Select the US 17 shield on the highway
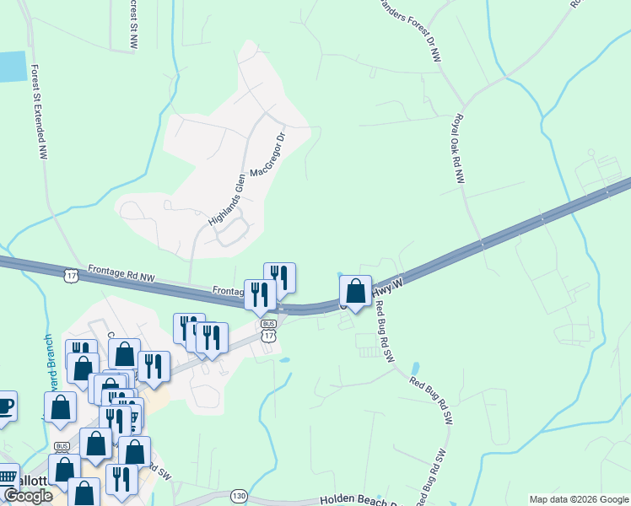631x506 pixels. pyautogui.click(x=71, y=275)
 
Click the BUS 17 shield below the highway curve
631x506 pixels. pyautogui.click(x=268, y=331)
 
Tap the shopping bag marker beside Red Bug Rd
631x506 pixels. pyautogui.click(x=356, y=292)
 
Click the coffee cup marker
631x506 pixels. pyautogui.click(x=4, y=405)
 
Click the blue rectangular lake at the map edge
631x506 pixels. pyautogui.click(x=12, y=67)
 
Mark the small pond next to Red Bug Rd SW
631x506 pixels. pyautogui.click(x=415, y=369)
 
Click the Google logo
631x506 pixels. pyautogui.click(x=27, y=496)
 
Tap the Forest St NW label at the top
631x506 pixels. pyautogui.click(x=133, y=23)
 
